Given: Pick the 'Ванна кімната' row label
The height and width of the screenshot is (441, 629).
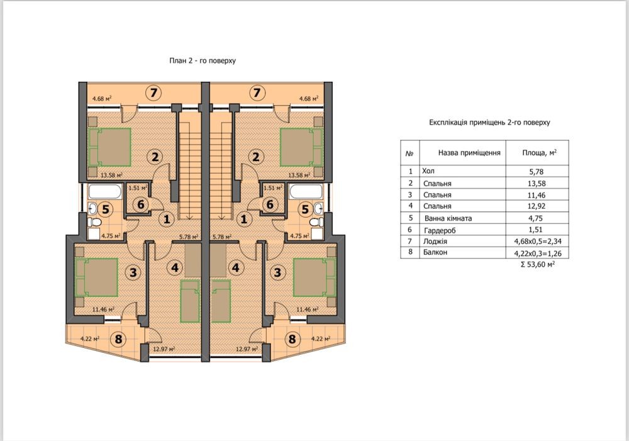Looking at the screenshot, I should (447, 218).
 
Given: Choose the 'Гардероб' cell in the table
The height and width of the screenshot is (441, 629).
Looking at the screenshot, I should (438, 230).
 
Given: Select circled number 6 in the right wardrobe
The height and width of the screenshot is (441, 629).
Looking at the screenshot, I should (270, 204).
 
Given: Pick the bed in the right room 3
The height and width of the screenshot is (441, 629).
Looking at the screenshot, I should (310, 277).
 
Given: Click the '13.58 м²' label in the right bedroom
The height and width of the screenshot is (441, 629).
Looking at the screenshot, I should (299, 176).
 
